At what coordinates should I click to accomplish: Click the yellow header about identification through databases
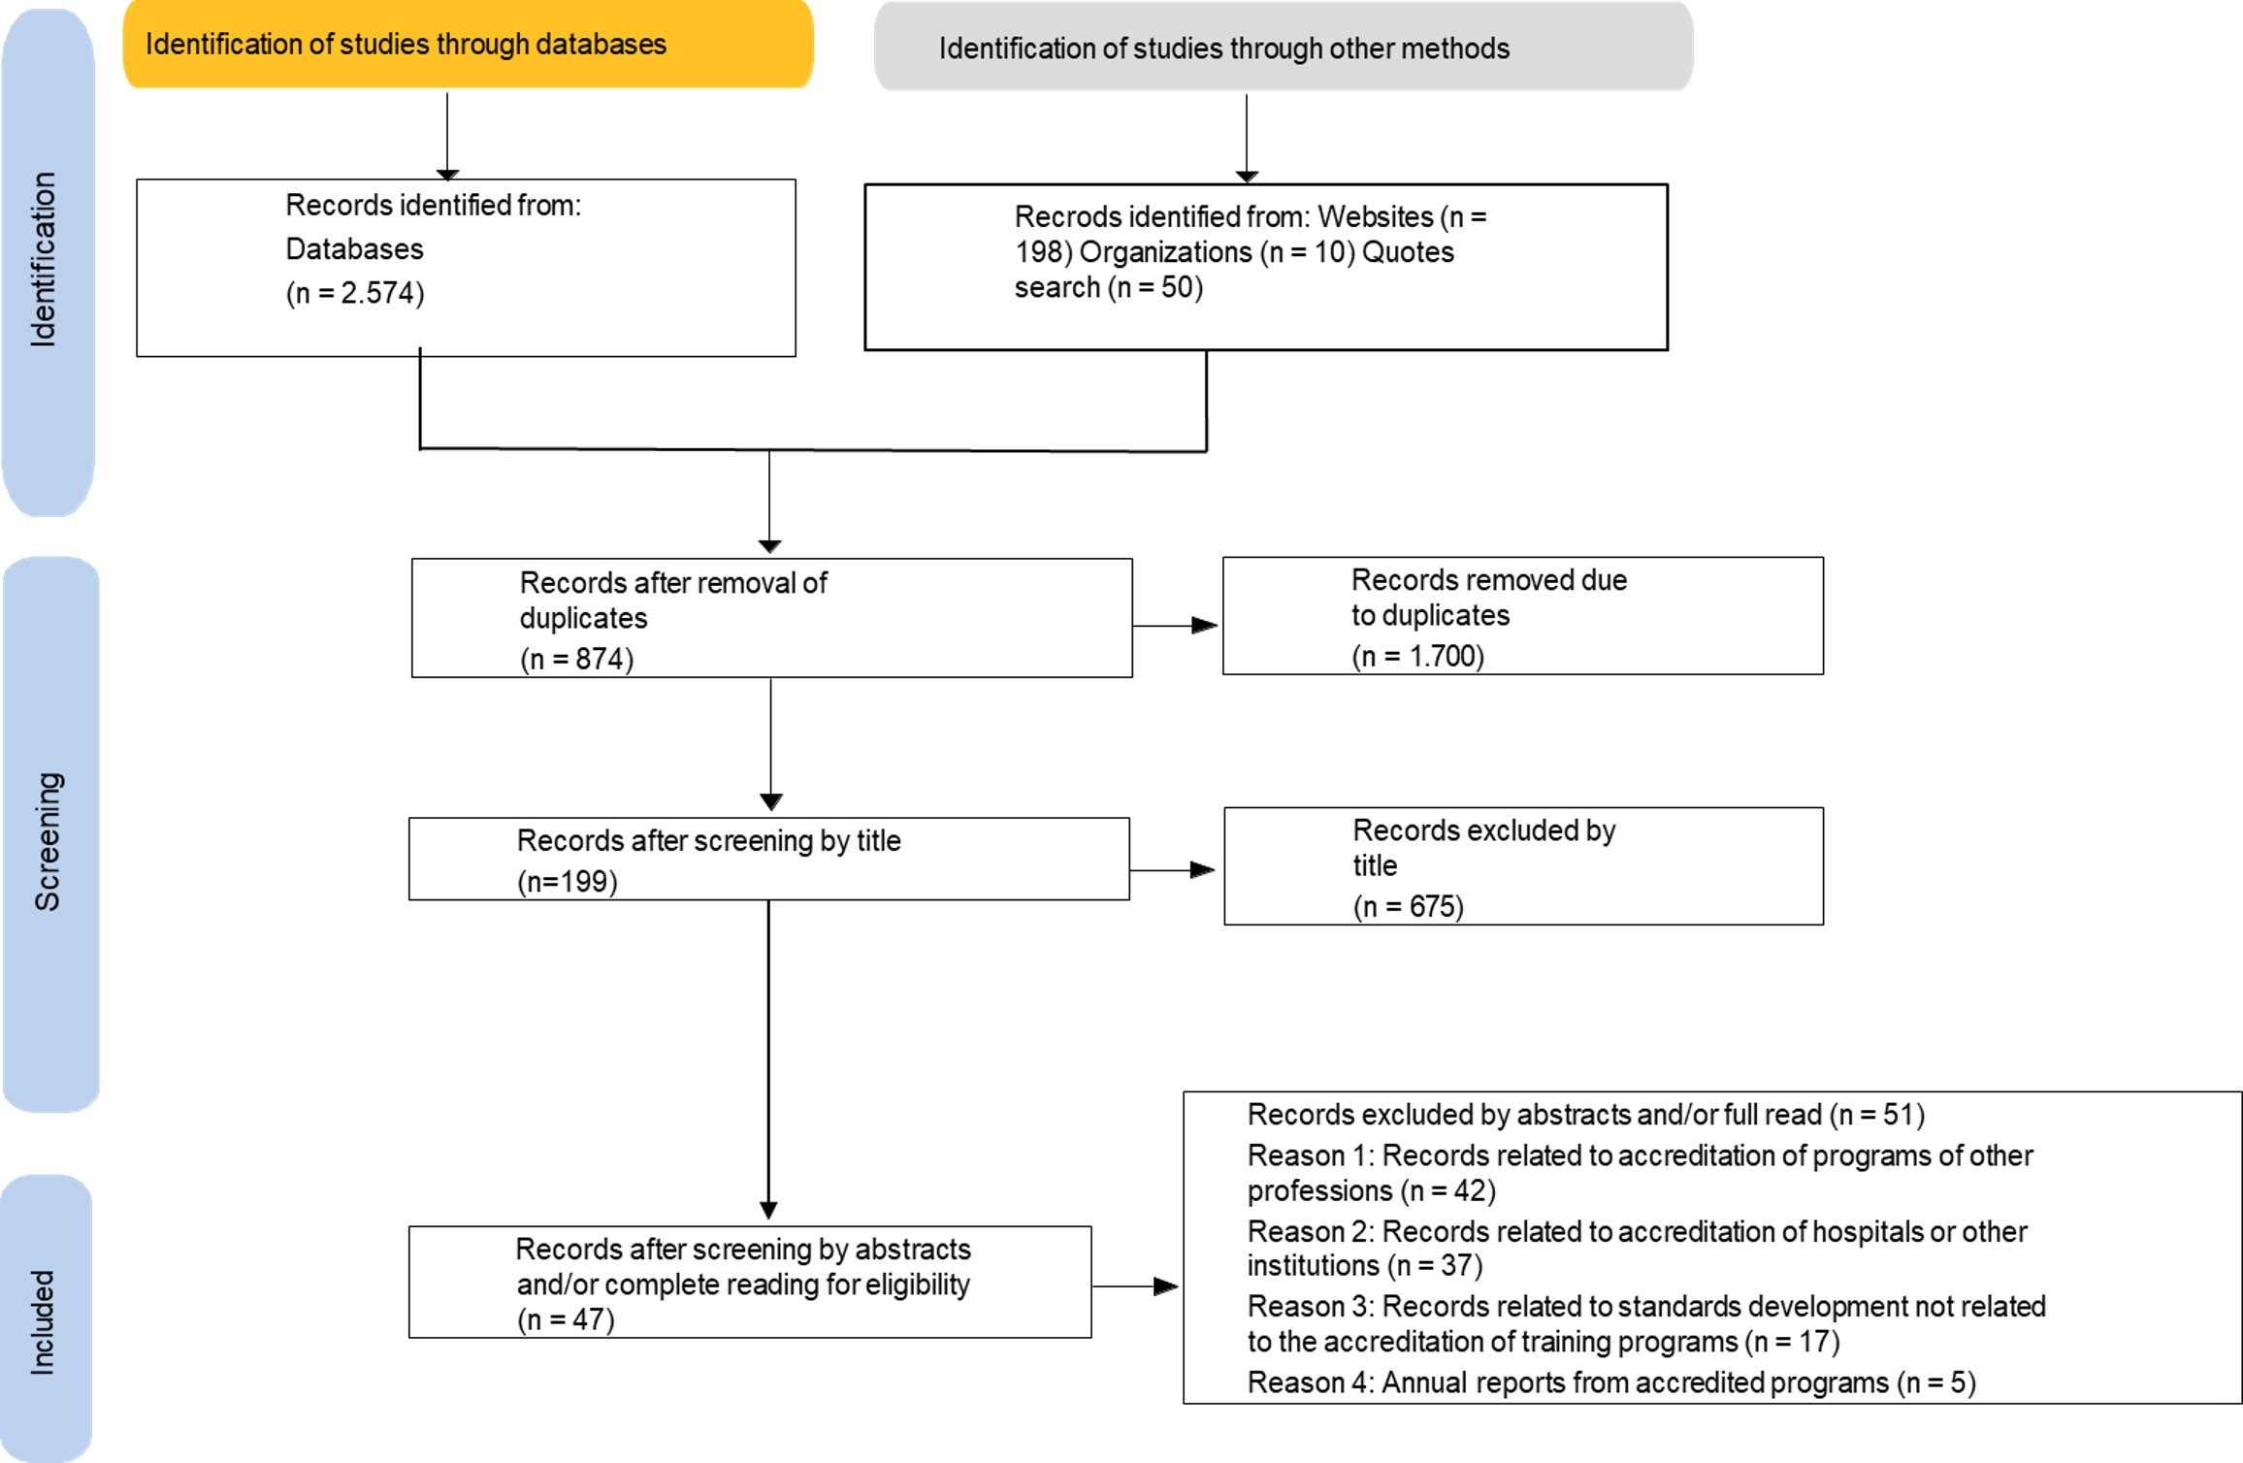(x=468, y=45)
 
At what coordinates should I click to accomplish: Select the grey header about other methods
(x=1284, y=47)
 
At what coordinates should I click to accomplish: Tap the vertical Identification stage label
(x=44, y=260)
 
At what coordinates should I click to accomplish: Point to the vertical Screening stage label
(x=48, y=841)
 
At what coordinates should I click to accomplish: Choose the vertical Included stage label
(x=42, y=1322)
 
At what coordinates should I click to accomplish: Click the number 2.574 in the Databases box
(x=381, y=293)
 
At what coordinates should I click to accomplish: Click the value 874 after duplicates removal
(x=598, y=659)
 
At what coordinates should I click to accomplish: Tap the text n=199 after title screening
(x=568, y=881)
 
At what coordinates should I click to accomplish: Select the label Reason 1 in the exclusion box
(x=1309, y=1155)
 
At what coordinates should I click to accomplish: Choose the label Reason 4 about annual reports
(x=1309, y=1382)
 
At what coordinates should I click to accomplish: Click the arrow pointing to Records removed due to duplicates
(x=1176, y=626)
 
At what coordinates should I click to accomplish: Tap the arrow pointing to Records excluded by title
(x=1172, y=870)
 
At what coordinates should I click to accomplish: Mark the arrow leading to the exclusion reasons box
(x=1135, y=1286)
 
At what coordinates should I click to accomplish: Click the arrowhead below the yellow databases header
(x=447, y=175)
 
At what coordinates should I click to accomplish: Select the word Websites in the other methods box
(x=1376, y=216)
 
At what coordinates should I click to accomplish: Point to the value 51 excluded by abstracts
(x=1899, y=1114)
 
